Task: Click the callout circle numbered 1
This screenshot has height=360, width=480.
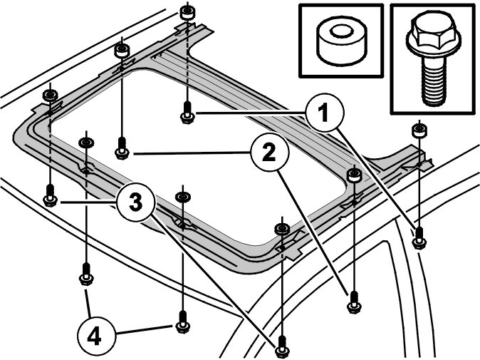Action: (x=325, y=113)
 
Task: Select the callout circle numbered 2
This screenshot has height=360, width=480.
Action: (x=269, y=152)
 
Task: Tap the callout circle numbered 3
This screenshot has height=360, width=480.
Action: (x=135, y=202)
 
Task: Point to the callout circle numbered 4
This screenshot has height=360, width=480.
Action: (x=94, y=338)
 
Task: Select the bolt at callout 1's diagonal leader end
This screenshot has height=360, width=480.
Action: (x=419, y=238)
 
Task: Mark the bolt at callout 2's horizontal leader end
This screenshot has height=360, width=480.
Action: (x=122, y=148)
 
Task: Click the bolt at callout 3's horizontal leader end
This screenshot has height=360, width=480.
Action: (x=50, y=196)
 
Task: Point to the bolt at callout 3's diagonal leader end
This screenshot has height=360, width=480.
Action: (x=281, y=346)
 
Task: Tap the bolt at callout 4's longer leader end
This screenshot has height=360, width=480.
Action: (x=183, y=322)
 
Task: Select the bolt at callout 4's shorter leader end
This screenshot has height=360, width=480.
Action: (x=86, y=274)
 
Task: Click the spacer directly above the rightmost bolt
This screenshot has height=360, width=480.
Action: (x=419, y=130)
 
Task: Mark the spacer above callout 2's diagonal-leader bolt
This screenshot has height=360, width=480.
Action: (x=354, y=175)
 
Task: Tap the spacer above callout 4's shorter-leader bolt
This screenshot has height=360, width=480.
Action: (x=86, y=143)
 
